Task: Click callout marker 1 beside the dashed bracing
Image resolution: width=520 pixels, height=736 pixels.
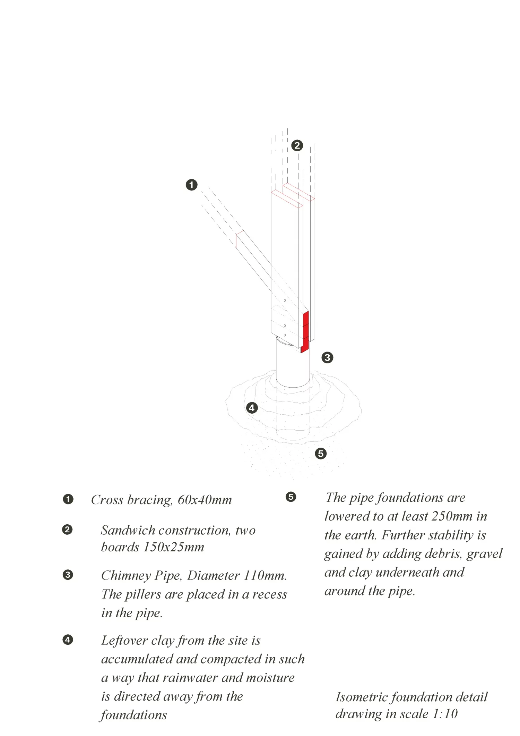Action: pyautogui.click(x=191, y=185)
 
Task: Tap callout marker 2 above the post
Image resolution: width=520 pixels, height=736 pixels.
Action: pyautogui.click(x=297, y=145)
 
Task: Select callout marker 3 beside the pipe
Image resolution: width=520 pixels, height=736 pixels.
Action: pyautogui.click(x=327, y=357)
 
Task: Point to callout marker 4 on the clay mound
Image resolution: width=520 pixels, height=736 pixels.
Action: pyautogui.click(x=252, y=408)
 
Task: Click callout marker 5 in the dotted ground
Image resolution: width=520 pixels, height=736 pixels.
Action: pyautogui.click(x=321, y=453)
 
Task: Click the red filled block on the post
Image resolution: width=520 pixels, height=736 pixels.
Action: pyautogui.click(x=305, y=331)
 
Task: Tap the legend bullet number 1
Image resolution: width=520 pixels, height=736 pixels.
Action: pyautogui.click(x=68, y=499)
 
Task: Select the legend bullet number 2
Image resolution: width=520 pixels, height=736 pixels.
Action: pyautogui.click(x=68, y=530)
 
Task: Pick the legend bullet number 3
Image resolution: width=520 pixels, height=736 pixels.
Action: pyautogui.click(x=68, y=575)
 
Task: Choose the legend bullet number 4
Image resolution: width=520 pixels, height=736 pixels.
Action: pyautogui.click(x=68, y=640)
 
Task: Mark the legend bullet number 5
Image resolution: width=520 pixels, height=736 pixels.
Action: pyautogui.click(x=291, y=497)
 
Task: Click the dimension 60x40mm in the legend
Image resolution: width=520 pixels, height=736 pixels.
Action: pyautogui.click(x=205, y=500)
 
